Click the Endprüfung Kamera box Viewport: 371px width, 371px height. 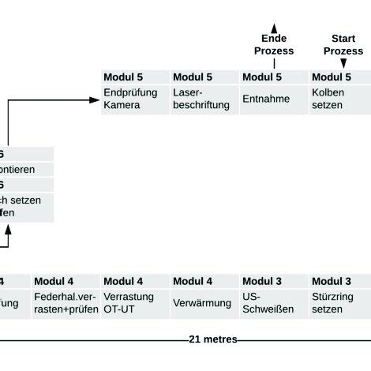pyautogui.click(x=135, y=99)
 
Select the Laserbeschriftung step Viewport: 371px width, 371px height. pyautogui.click(x=204, y=99)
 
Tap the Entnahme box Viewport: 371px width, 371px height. pyautogui.click(x=273, y=99)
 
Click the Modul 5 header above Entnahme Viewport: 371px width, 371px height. pyautogui.click(x=273, y=77)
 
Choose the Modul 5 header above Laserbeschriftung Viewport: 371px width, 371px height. pyautogui.click(x=204, y=77)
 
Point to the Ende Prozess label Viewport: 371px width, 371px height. pyautogui.click(x=273, y=45)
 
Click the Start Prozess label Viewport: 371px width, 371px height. pyautogui.click(x=343, y=45)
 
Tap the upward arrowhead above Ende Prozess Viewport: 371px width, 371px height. pyautogui.click(x=273, y=26)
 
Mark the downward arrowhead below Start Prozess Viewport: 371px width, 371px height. pyautogui.click(x=343, y=62)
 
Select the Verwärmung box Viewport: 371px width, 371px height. pyautogui.click(x=204, y=303)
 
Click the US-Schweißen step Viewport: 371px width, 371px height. pyautogui.click(x=273, y=303)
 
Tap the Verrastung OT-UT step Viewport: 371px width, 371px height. pyautogui.click(x=135, y=303)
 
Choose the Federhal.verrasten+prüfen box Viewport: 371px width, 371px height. pyautogui.click(x=66, y=303)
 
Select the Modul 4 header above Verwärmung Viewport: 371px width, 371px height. pyautogui.click(x=204, y=281)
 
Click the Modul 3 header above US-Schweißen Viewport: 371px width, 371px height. pyautogui.click(x=273, y=281)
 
